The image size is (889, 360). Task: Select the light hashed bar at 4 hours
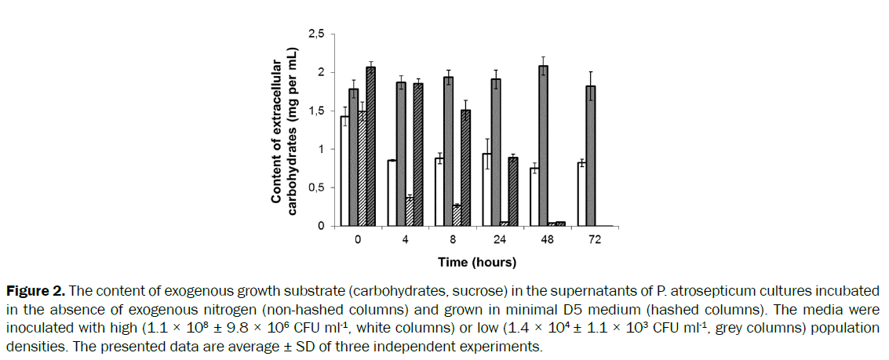[x=410, y=212]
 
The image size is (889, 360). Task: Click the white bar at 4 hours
[x=392, y=193]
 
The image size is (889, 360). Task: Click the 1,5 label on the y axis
[x=316, y=111]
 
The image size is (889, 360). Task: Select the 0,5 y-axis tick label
[x=316, y=188]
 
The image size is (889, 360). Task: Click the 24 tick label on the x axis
[x=500, y=239]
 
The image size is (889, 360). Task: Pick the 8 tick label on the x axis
[x=452, y=239]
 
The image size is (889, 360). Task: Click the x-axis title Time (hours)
[x=476, y=261]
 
